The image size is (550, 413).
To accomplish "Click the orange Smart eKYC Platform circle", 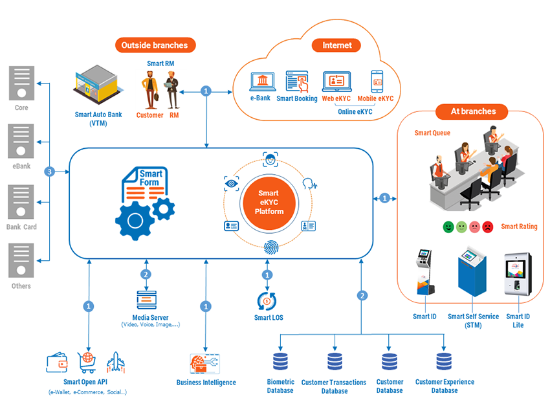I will [268, 201].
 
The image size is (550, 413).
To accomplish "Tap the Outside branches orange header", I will [155, 45].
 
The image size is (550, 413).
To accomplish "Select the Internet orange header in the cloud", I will [337, 45].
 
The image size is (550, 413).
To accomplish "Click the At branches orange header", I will [473, 111].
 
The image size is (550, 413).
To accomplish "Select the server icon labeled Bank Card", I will [21, 202].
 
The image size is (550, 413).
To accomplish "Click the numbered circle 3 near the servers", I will [49, 172].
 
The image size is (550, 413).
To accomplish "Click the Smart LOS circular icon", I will [267, 301].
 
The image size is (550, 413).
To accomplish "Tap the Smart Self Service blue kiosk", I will [474, 272].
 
